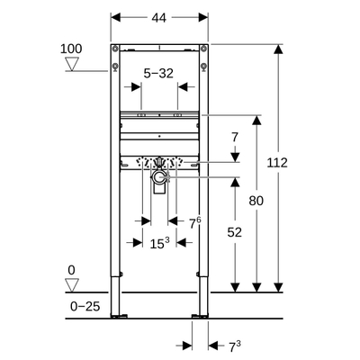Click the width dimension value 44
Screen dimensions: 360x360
[158, 18]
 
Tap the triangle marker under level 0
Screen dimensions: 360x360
[74, 285]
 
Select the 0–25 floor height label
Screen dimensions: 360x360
[84, 307]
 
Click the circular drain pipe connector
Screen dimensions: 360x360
[159, 180]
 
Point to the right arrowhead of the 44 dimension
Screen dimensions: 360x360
[201, 18]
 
